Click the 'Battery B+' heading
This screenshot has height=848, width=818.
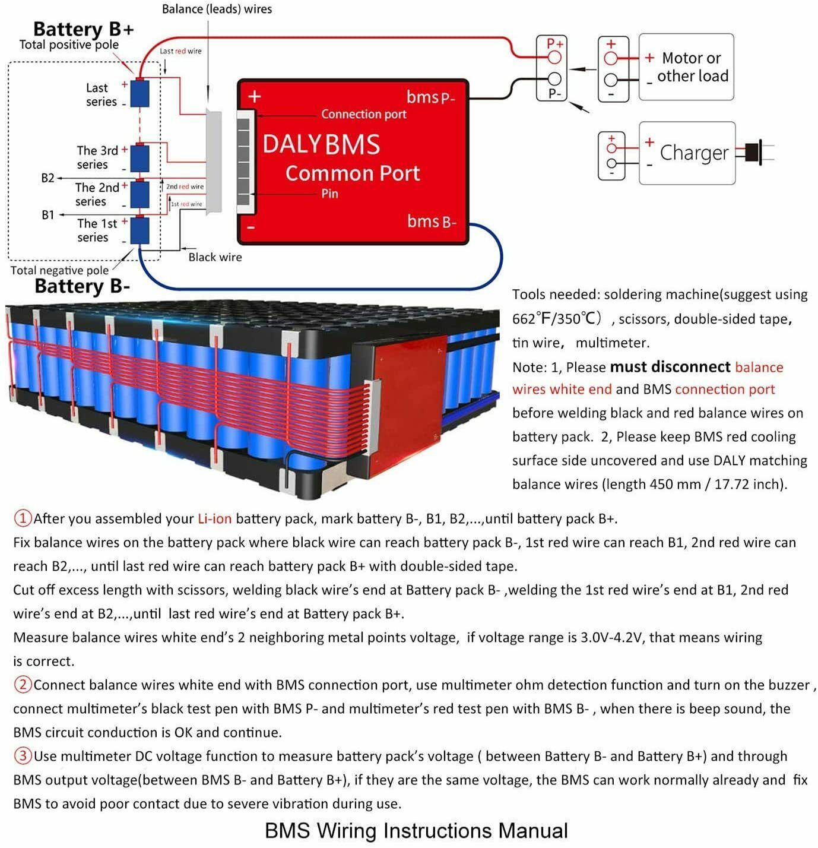[83, 29]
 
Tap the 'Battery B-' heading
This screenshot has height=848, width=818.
[82, 286]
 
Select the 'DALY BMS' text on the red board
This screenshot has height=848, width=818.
[321, 145]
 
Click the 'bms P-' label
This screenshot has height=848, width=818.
[430, 97]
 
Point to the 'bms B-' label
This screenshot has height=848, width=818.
[432, 222]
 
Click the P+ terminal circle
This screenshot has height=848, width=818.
[554, 58]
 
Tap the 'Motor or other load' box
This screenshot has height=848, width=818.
[686, 67]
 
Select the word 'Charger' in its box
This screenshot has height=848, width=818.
[693, 153]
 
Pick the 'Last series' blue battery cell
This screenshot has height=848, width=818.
[139, 94]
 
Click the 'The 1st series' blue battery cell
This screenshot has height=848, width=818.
[139, 230]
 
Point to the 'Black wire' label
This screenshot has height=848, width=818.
[215, 257]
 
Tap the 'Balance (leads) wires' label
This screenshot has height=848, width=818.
[217, 9]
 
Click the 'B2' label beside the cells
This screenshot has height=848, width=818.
[47, 178]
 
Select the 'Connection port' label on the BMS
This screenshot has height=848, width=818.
[363, 114]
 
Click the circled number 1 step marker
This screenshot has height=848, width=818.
[23, 518]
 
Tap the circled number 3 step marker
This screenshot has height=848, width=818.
[23, 756]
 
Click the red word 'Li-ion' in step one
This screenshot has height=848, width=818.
[214, 518]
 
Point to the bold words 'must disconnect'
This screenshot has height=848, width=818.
[670, 367]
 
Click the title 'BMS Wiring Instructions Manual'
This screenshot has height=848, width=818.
[416, 830]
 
